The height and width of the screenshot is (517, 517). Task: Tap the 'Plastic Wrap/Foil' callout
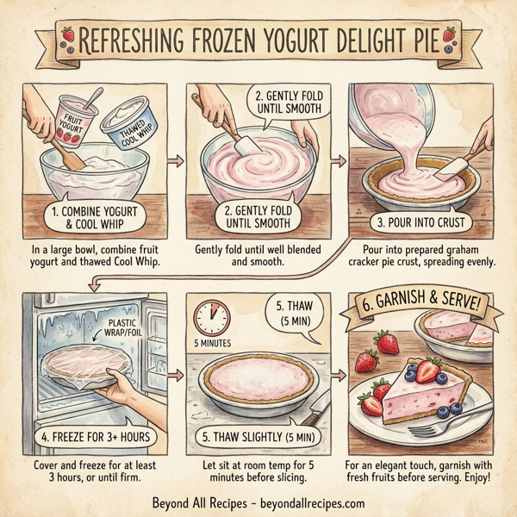pyautogui.click(x=127, y=330)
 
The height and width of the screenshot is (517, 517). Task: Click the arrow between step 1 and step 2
pyautogui.click(x=176, y=161)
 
